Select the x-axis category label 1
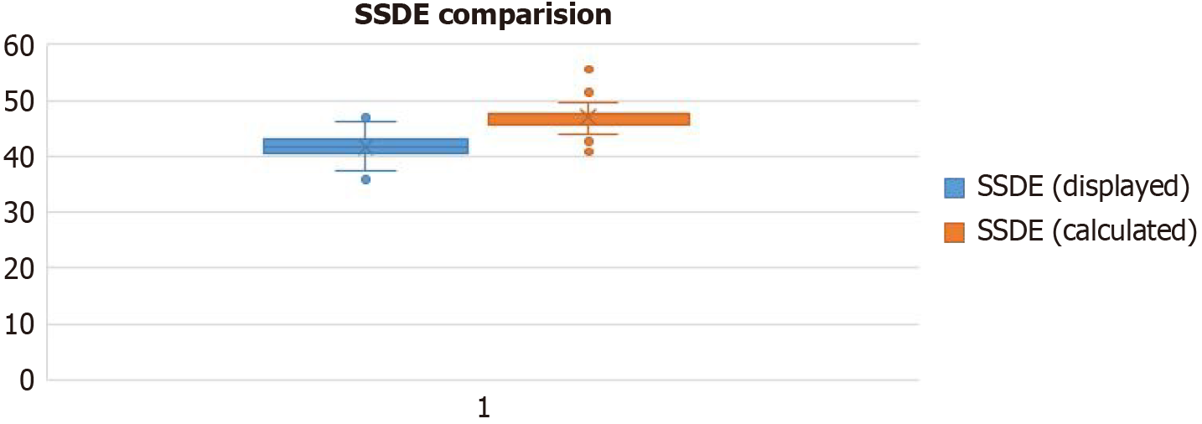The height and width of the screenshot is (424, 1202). pyautogui.click(x=483, y=408)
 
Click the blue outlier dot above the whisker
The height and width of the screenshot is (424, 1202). pyautogui.click(x=365, y=117)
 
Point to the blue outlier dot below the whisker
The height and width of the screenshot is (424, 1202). pyautogui.click(x=365, y=179)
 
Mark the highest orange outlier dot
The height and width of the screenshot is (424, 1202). pyautogui.click(x=588, y=70)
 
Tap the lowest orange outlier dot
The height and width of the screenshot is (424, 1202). pyautogui.click(x=588, y=152)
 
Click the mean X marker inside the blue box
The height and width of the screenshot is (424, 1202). pyautogui.click(x=365, y=147)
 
